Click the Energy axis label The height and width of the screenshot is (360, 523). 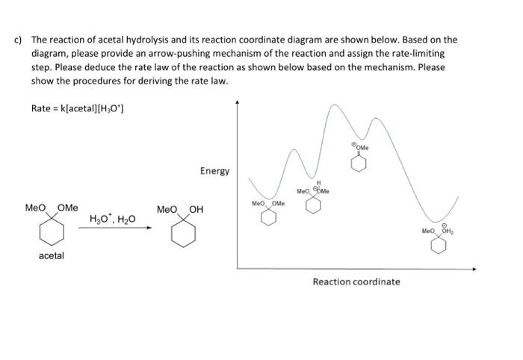[x=214, y=171]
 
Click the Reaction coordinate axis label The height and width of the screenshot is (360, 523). [x=356, y=282]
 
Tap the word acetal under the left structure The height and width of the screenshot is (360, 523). [x=52, y=255]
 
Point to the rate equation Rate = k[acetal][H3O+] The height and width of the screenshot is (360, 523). [x=78, y=109]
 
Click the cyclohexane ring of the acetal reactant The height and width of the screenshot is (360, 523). [x=52, y=231]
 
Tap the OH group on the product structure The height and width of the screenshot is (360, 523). [x=196, y=208]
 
